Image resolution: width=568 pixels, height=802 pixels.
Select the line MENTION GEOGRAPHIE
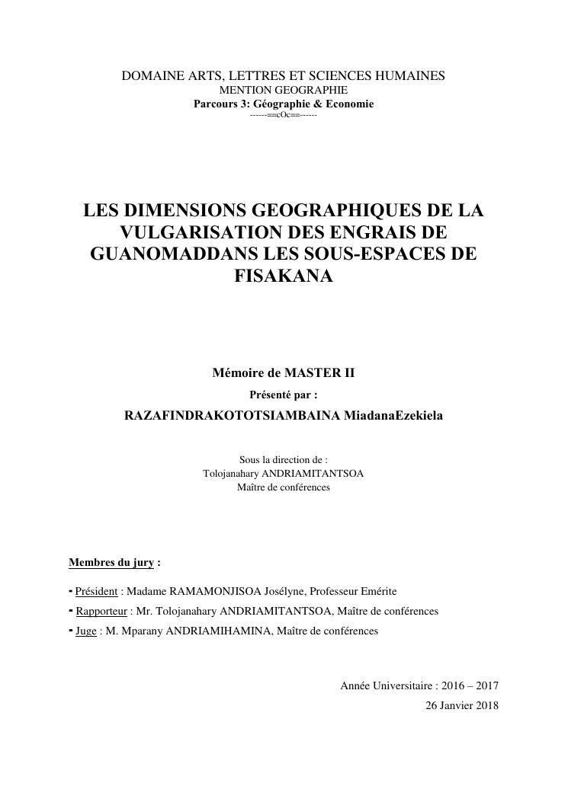(283, 90)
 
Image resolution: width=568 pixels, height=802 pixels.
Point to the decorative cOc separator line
(283, 114)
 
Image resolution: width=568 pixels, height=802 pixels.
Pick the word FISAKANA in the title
(284, 276)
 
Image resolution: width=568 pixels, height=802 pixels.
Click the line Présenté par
(283, 395)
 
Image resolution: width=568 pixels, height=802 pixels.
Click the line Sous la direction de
(283, 460)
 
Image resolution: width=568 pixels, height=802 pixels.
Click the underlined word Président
(96, 591)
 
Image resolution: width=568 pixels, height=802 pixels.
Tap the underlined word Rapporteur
(101, 611)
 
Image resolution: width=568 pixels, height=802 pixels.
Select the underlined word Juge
(86, 631)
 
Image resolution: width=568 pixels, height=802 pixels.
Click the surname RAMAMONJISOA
(213, 591)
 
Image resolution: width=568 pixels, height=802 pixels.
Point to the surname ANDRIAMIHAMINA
(217, 631)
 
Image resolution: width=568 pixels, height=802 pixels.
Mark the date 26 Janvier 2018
(462, 705)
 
